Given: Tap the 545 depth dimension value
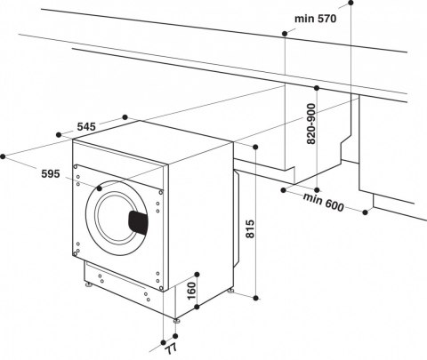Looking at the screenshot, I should pyautogui.click(x=86, y=128).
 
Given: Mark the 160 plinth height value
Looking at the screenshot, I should pyautogui.click(x=189, y=290).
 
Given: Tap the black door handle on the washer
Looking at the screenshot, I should pyautogui.click(x=138, y=221).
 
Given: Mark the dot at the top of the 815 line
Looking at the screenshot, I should pyautogui.click(x=256, y=147).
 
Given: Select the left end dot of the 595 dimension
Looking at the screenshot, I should pyautogui.click(x=4, y=156).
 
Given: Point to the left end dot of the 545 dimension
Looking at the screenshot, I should pyautogui.click(x=60, y=134).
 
